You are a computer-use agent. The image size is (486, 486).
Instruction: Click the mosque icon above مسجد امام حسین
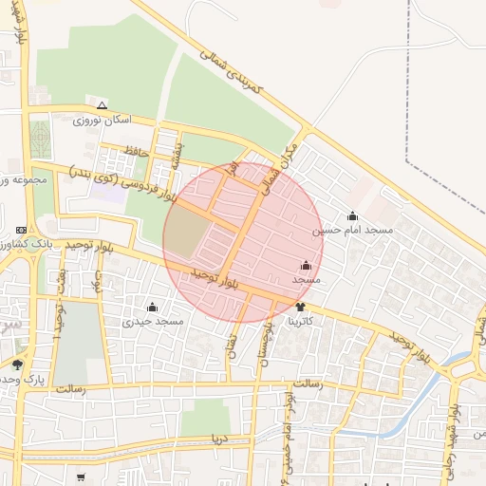pyautogui.click(x=353, y=216)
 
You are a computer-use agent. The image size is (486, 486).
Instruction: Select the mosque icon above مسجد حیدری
pyautogui.click(x=153, y=307)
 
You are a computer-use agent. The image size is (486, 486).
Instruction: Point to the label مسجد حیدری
pyautogui.click(x=152, y=322)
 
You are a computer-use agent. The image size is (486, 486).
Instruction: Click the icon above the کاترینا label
pyautogui.click(x=301, y=307)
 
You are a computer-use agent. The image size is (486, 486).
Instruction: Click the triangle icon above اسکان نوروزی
pyautogui.click(x=102, y=104)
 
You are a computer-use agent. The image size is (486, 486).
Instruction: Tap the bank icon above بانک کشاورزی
pyautogui.click(x=22, y=230)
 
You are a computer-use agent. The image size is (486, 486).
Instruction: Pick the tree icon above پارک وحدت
pyautogui.click(x=18, y=364)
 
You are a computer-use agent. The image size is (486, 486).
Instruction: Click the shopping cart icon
pyautogui.click(x=81, y=477)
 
